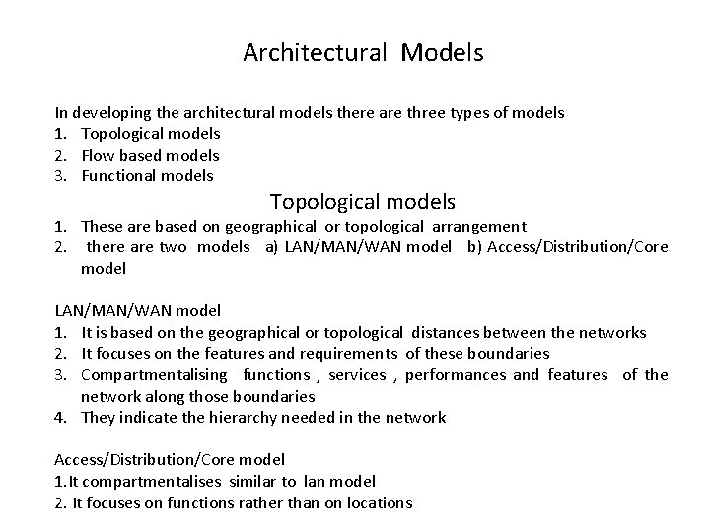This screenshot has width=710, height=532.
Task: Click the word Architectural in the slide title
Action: click(x=315, y=53)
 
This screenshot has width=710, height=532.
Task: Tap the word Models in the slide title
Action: click(x=442, y=53)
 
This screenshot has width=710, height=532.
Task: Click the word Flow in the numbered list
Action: click(x=98, y=156)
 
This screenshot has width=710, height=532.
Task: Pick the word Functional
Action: click(x=118, y=177)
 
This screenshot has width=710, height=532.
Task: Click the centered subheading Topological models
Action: click(x=362, y=203)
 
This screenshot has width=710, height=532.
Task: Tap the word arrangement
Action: click(x=477, y=227)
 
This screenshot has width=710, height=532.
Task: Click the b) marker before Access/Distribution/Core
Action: click(x=461, y=247)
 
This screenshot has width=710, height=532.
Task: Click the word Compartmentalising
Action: click(x=153, y=375)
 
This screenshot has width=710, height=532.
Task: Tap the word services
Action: click(x=357, y=375)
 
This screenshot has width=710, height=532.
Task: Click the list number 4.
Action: click(x=59, y=418)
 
